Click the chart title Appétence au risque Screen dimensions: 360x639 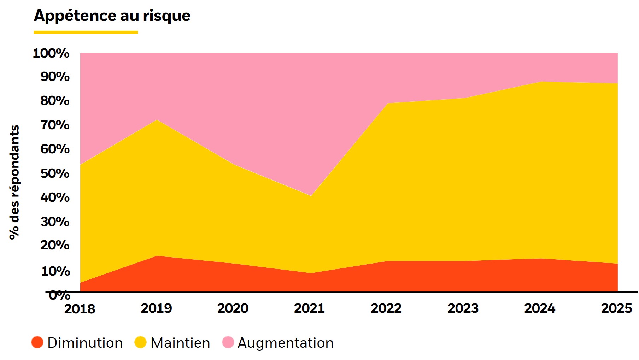coord(112,16)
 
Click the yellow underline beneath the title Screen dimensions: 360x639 coord(86,32)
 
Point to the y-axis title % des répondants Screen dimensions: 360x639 coord(14,182)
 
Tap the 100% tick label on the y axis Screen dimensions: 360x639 coord(51,53)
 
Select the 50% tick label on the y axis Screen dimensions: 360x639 coord(55,173)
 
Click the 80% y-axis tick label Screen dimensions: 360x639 coord(55,101)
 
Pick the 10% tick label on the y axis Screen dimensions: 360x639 coord(55,271)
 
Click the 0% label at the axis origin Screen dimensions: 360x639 coord(59,295)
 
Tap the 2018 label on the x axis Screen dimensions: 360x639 coord(80,309)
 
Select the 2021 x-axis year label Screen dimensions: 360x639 coord(309,308)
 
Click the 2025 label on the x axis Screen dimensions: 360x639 coord(616,308)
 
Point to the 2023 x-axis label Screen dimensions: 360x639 coord(463,308)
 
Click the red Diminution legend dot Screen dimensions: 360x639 coord(37,342)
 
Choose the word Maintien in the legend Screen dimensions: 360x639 coord(180,343)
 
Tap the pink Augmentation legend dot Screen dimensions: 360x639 coord(228,342)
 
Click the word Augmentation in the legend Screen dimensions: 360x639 coord(286,343)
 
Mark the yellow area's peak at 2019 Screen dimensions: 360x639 coord(157,120)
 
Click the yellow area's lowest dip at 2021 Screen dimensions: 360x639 coord(311,196)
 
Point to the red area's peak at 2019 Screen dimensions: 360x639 coord(157,256)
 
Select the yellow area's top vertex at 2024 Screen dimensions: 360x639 coord(541,82)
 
